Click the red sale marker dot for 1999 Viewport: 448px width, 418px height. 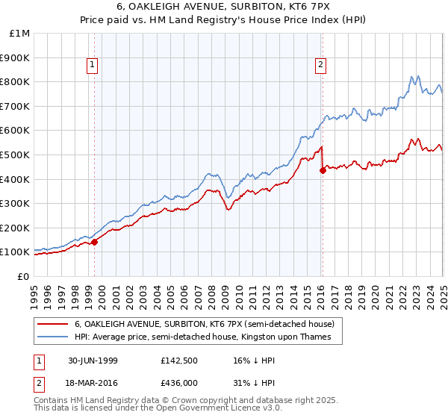click(95, 242)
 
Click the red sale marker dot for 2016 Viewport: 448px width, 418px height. click(323, 170)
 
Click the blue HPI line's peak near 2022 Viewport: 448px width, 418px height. click(410, 76)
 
